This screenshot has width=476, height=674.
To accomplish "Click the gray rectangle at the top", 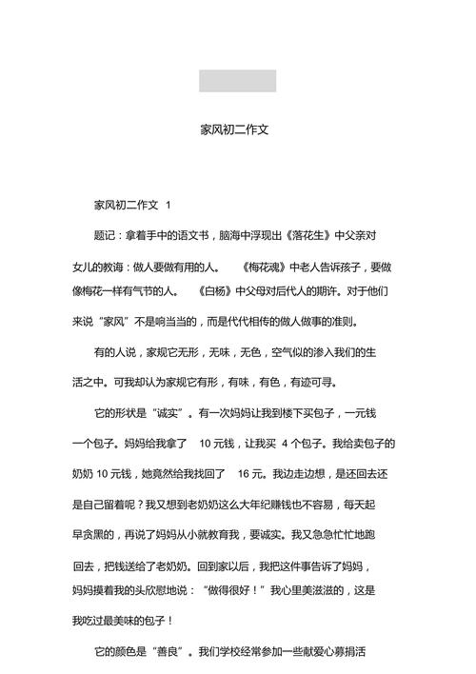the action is pyautogui.click(x=237, y=81).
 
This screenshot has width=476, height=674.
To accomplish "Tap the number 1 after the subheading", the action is pyautogui.click(x=169, y=205).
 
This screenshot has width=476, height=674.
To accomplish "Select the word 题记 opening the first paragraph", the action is pyautogui.click(x=106, y=234).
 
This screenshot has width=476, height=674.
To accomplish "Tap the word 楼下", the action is pyautogui.click(x=267, y=413).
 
